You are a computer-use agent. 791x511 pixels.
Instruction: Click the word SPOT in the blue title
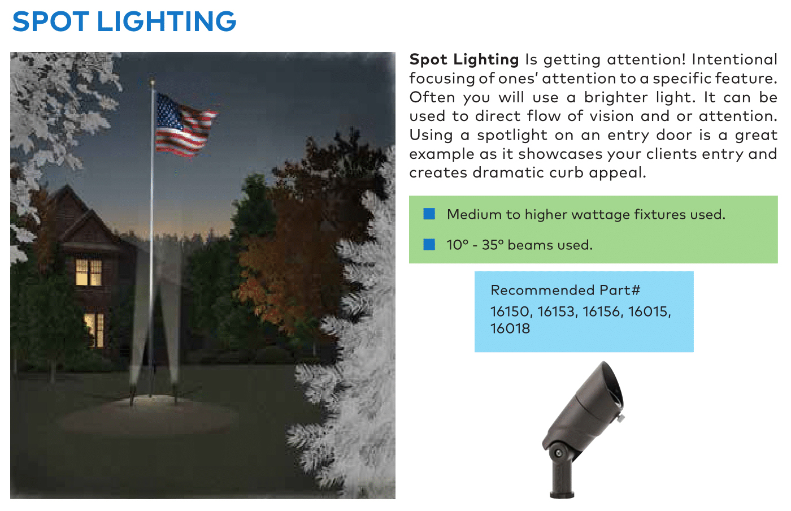[x=50, y=21]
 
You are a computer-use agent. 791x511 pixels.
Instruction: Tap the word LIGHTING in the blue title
[x=166, y=21]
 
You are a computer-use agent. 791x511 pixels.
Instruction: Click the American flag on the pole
[x=185, y=125]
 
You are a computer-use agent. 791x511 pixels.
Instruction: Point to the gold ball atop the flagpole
[x=152, y=82]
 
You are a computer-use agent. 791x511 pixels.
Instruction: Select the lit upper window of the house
[x=89, y=272]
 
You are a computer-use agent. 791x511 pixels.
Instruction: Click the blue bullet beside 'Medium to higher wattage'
[x=429, y=214]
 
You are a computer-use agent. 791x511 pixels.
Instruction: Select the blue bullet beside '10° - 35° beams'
[x=429, y=244]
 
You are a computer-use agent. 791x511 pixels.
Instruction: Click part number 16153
[x=557, y=311]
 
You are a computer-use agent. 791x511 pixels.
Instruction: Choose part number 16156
[x=602, y=311]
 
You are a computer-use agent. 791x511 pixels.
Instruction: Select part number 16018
[x=510, y=328]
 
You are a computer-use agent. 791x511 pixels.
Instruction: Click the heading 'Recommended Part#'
[x=566, y=290]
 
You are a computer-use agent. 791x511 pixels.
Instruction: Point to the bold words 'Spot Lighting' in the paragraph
[x=464, y=59]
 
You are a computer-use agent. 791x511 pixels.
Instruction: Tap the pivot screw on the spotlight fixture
[x=559, y=453]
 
